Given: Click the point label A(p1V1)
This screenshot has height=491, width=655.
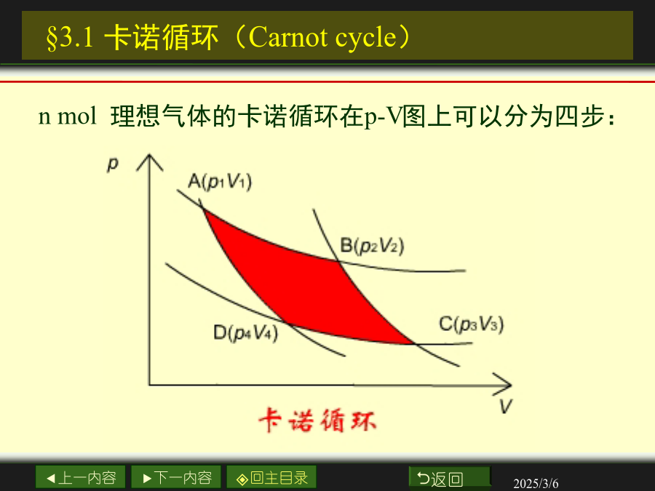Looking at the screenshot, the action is pyautogui.click(x=220, y=182).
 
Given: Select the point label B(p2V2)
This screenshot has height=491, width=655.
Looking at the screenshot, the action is pyautogui.click(x=372, y=246).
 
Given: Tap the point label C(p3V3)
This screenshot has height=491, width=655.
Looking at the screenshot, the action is pyautogui.click(x=472, y=324).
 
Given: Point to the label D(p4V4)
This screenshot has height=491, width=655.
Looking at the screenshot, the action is pyautogui.click(x=246, y=333).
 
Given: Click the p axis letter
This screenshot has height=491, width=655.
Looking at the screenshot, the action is pyautogui.click(x=113, y=164).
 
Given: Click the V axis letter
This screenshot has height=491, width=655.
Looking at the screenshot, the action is pyautogui.click(x=506, y=406).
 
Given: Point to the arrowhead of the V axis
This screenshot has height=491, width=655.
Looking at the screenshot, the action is pyautogui.click(x=503, y=385).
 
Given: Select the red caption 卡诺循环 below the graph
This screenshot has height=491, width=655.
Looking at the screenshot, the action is pyautogui.click(x=317, y=420).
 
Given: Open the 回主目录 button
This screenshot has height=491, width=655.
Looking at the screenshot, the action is pyautogui.click(x=271, y=478).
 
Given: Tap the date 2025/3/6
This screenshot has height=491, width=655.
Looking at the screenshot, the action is pyautogui.click(x=536, y=484).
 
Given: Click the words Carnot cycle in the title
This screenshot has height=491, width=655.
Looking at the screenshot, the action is pyautogui.click(x=322, y=37).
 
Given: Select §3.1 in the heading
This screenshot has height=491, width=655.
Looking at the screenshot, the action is pyautogui.click(x=70, y=38).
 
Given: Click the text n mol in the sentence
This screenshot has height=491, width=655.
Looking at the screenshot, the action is pyautogui.click(x=67, y=116).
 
